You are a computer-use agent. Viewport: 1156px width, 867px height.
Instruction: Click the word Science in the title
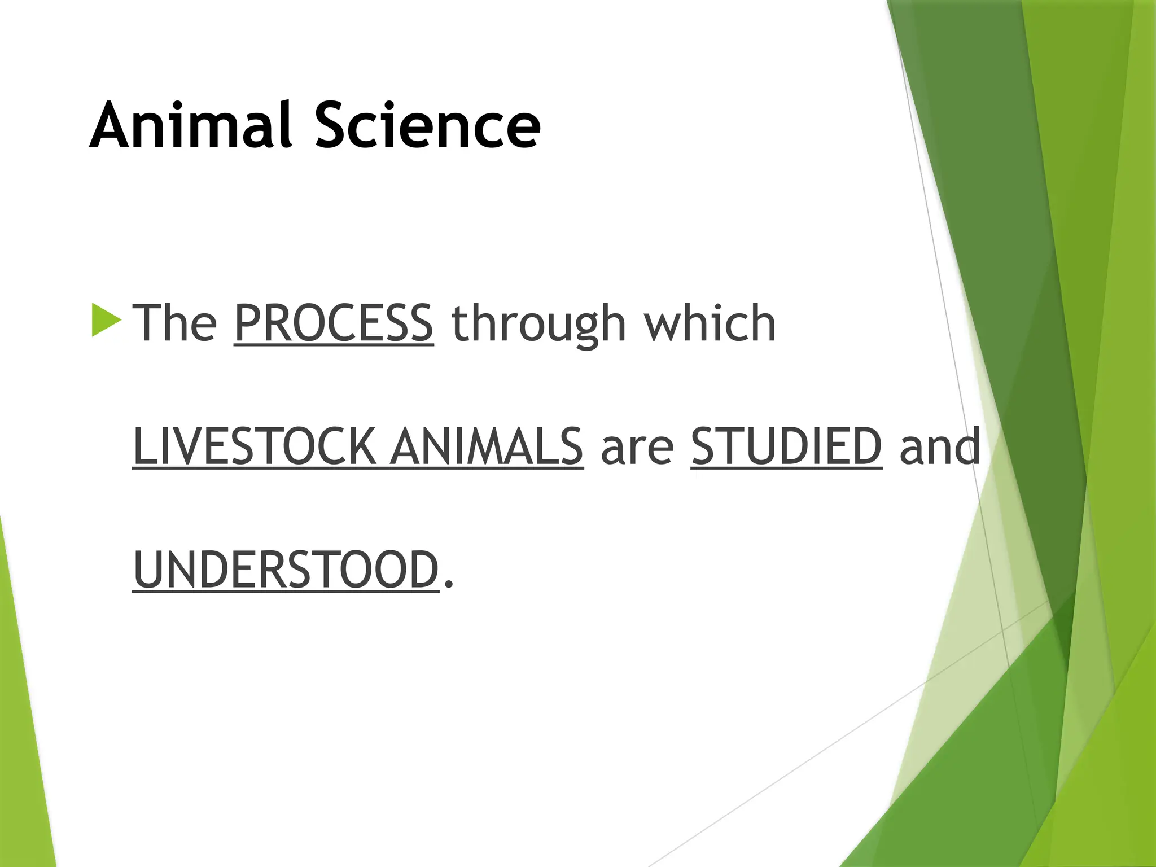click(427, 125)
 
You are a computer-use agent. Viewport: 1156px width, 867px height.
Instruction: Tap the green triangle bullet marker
click(106, 320)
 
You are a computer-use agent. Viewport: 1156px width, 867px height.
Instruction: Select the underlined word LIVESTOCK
click(254, 446)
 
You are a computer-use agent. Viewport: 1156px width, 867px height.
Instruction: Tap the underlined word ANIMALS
click(487, 446)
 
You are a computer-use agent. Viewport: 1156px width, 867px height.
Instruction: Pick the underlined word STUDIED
click(786, 446)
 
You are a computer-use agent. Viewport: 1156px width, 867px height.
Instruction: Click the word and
click(940, 446)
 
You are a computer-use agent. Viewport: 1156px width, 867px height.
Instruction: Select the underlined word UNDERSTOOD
click(286, 570)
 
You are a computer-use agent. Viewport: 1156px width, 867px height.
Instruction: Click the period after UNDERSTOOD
click(449, 585)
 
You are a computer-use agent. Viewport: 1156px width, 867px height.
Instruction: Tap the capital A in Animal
click(112, 125)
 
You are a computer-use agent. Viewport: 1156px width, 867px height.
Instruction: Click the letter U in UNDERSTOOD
click(148, 570)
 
